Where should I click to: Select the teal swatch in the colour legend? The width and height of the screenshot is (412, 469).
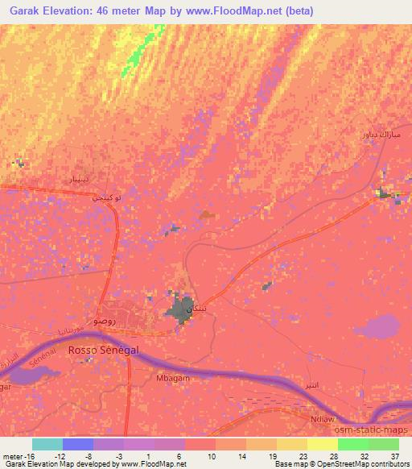coord(47,444)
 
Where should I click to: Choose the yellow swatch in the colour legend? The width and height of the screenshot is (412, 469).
coord(292,444)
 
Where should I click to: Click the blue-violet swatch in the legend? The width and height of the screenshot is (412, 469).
coord(78,444)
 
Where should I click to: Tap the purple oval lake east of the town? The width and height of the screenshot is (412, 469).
coord(377,326)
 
